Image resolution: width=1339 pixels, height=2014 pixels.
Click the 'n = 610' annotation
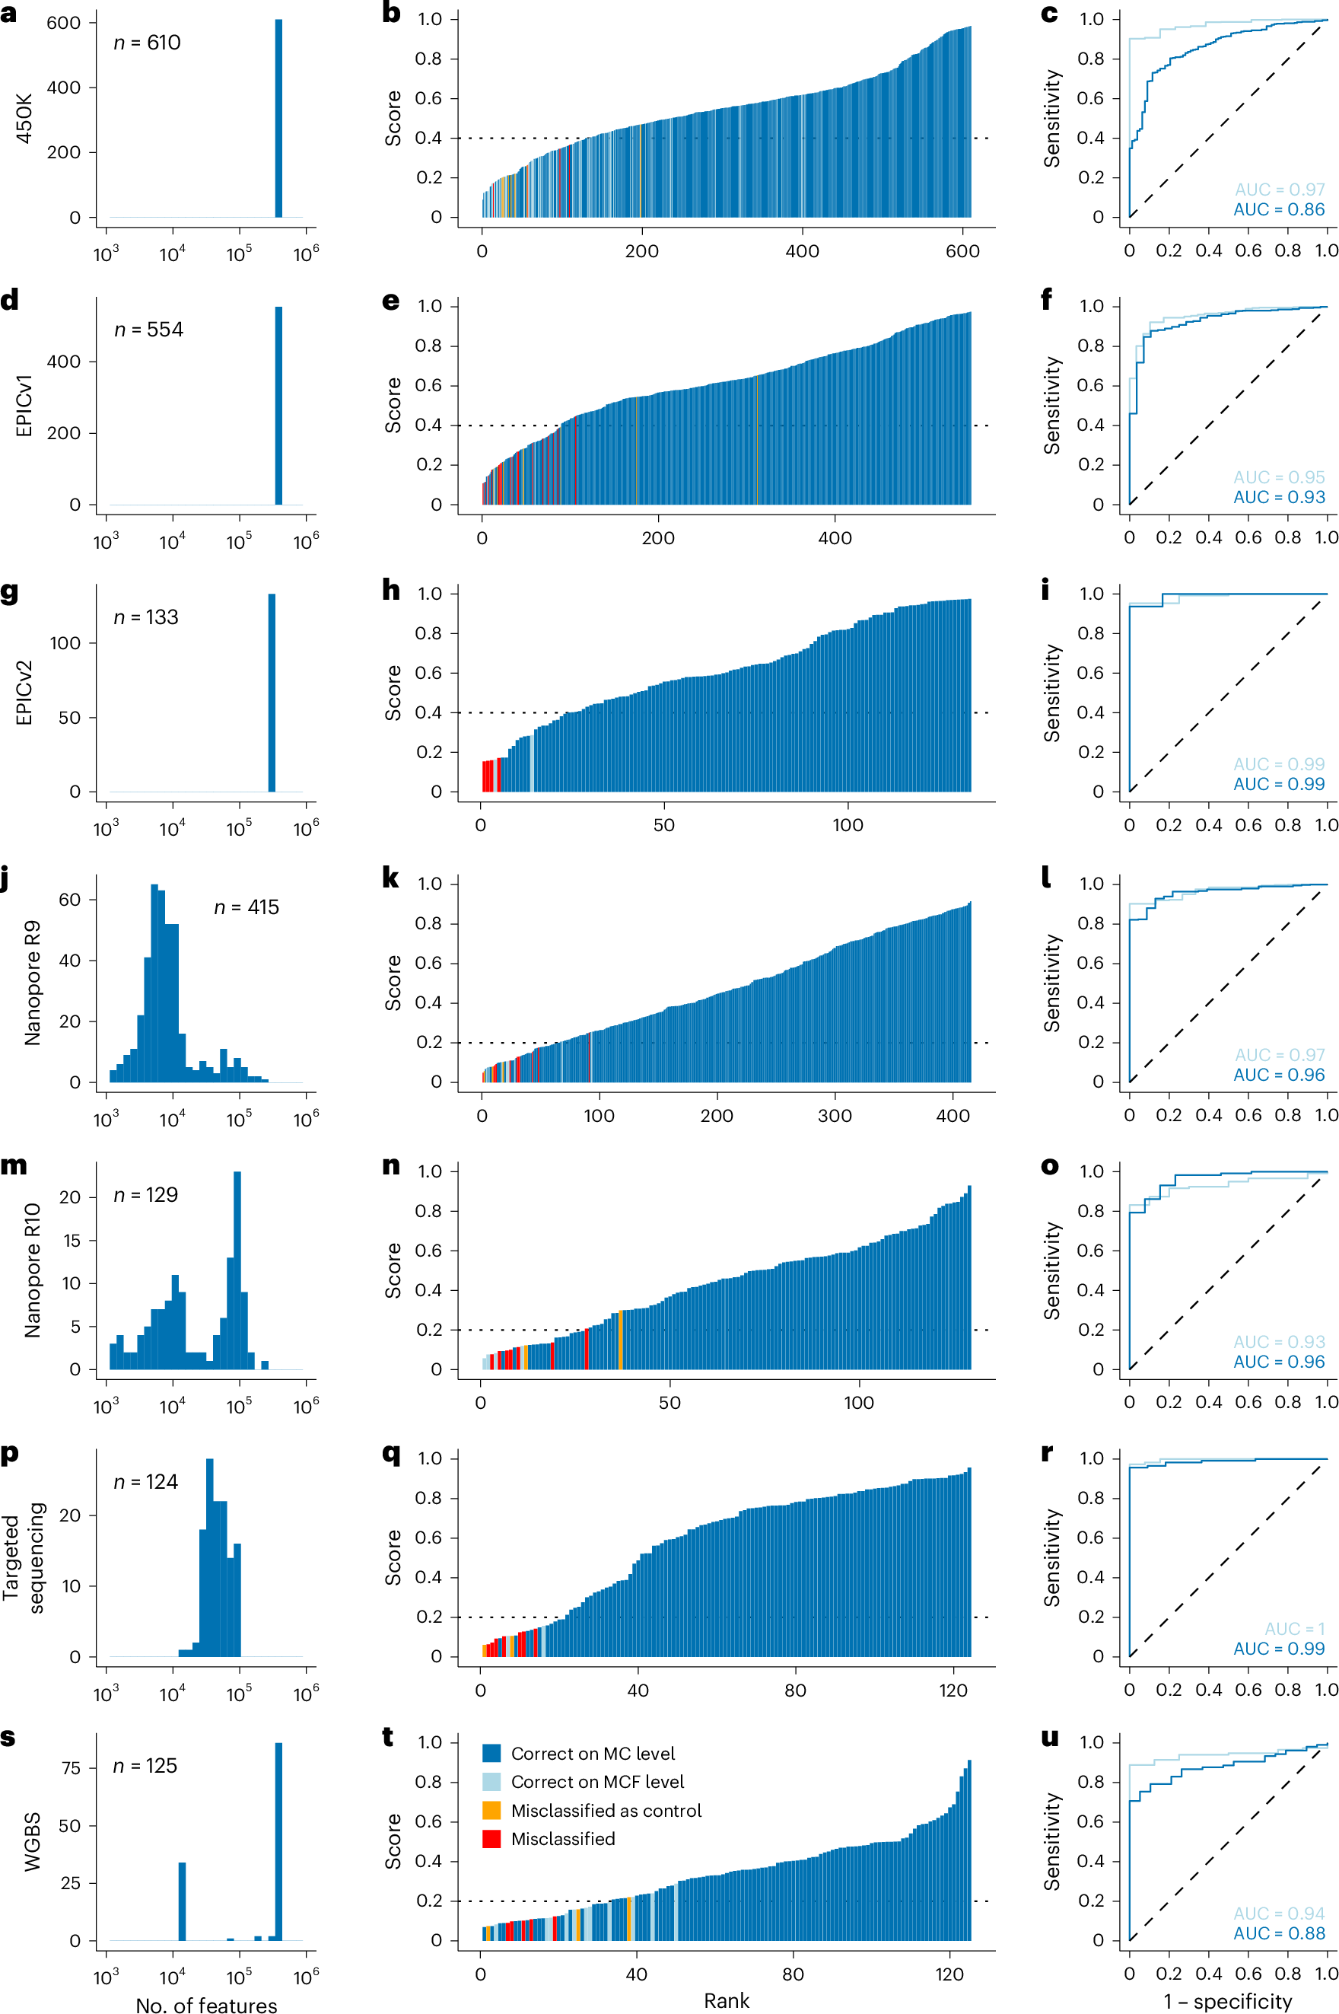pyautogui.click(x=147, y=43)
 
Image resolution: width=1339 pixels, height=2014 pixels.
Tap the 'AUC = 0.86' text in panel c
pyautogui.click(x=1278, y=209)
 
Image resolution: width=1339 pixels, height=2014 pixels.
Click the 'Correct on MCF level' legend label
pyautogui.click(x=597, y=1782)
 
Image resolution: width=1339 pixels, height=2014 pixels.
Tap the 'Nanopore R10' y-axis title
pyautogui.click(x=33, y=1270)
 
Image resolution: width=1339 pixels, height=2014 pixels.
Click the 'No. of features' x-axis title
pyautogui.click(x=206, y=2005)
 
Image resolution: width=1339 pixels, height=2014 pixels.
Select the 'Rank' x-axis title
pyautogui.click(x=726, y=2000)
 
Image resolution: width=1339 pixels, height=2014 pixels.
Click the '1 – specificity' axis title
pyautogui.click(x=1227, y=2001)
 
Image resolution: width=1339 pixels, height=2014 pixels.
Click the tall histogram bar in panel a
pyautogui.click(x=278, y=120)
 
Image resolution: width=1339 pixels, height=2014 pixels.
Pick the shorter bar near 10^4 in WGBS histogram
pyautogui.click(x=181, y=1901)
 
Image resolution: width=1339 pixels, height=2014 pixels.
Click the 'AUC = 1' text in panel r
pyautogui.click(x=1294, y=1629)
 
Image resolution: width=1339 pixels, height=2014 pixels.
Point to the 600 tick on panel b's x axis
pyautogui.click(x=962, y=251)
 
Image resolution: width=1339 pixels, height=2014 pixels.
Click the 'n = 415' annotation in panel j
pyautogui.click(x=246, y=907)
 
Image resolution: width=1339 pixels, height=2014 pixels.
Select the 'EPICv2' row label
pyautogui.click(x=24, y=693)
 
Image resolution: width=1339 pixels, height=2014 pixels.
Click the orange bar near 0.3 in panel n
pyautogui.click(x=620, y=1340)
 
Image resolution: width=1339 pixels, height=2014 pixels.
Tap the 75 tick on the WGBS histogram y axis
pyautogui.click(x=72, y=1767)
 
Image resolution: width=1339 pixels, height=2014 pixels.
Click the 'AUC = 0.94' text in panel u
pyautogui.click(x=1278, y=1914)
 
